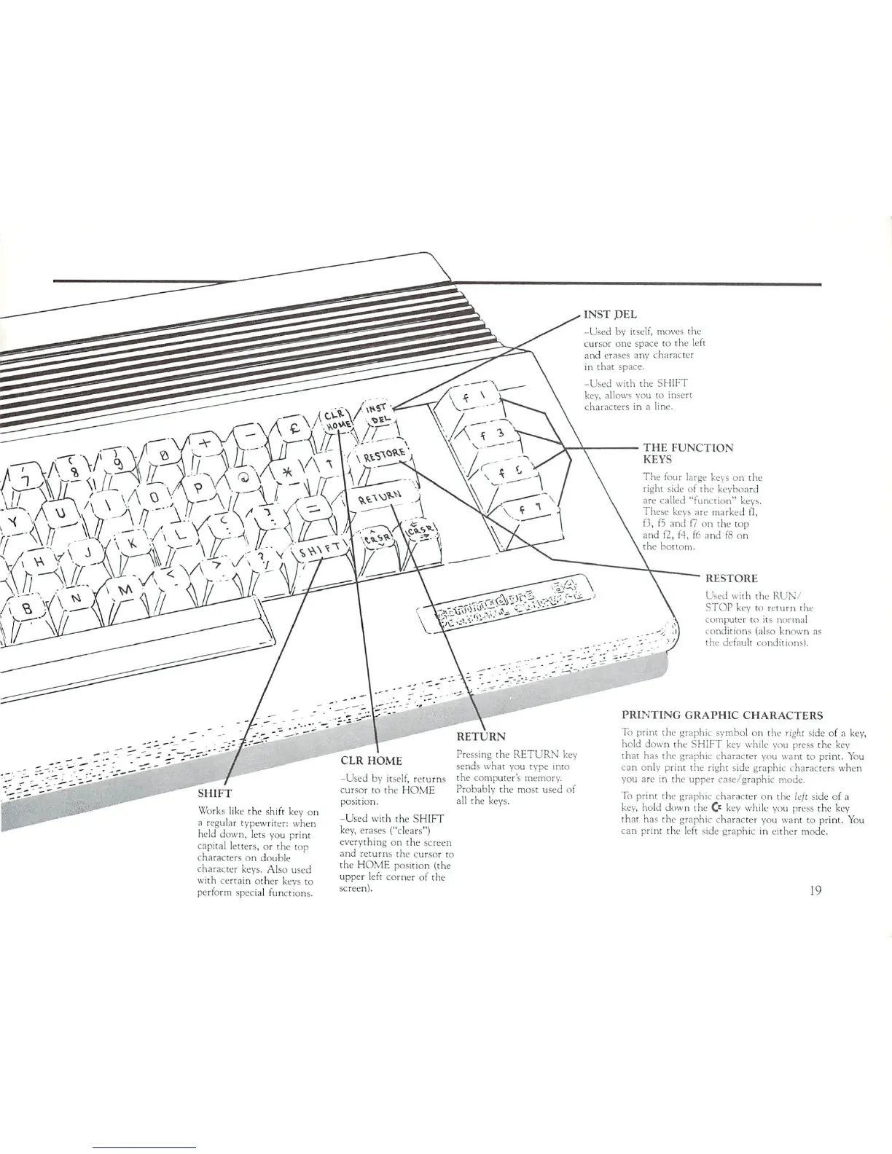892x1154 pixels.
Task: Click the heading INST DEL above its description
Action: pos(611,315)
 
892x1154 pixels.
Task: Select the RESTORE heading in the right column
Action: pos(731,578)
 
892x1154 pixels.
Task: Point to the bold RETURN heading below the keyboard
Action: pos(480,737)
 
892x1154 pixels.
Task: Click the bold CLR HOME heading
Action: pos(371,761)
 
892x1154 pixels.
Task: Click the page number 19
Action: pos(815,890)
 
